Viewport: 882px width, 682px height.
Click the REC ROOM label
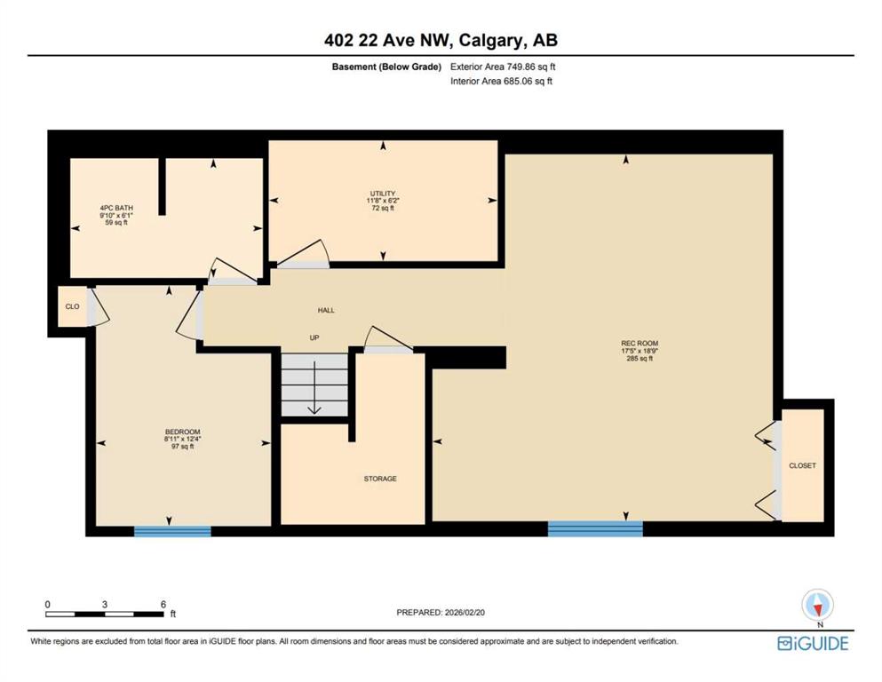coord(640,343)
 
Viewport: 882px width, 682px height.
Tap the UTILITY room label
coord(383,194)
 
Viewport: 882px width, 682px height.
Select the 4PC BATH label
coord(116,208)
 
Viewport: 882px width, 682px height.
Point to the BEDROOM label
coord(182,432)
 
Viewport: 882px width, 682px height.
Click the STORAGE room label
coord(380,479)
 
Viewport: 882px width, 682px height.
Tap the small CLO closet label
coord(73,306)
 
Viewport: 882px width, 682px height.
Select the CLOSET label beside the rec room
coord(803,465)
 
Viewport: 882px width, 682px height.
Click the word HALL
coord(326,310)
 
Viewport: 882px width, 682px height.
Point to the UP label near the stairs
coord(314,337)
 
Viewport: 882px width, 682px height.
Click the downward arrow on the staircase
coord(314,388)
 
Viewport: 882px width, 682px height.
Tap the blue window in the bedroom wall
coord(172,531)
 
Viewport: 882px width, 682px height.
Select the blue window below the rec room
coord(595,528)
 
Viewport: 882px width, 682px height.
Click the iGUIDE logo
coord(813,643)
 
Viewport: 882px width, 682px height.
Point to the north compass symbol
coord(818,607)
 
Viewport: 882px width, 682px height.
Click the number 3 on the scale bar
coord(105,605)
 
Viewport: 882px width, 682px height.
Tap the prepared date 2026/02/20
coord(465,612)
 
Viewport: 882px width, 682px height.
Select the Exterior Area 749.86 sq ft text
coord(503,67)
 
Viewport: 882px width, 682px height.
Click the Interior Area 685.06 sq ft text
coord(501,81)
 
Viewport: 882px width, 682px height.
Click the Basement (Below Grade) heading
coord(386,67)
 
